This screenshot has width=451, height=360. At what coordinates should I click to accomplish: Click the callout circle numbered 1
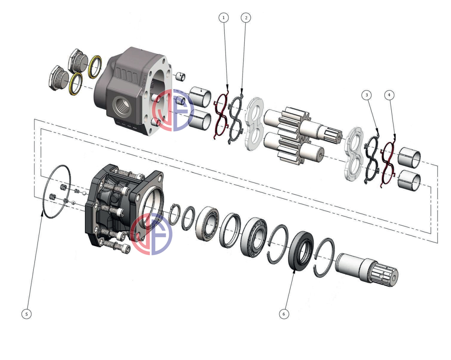[224, 18]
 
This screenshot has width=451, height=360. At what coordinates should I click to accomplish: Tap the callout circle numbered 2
[246, 18]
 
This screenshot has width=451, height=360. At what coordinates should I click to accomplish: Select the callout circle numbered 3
[366, 95]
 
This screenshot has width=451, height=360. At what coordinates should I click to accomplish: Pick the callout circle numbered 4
[389, 95]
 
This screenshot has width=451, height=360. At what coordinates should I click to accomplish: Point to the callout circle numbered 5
[26, 314]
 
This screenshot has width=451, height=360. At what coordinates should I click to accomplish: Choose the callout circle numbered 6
[284, 314]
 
